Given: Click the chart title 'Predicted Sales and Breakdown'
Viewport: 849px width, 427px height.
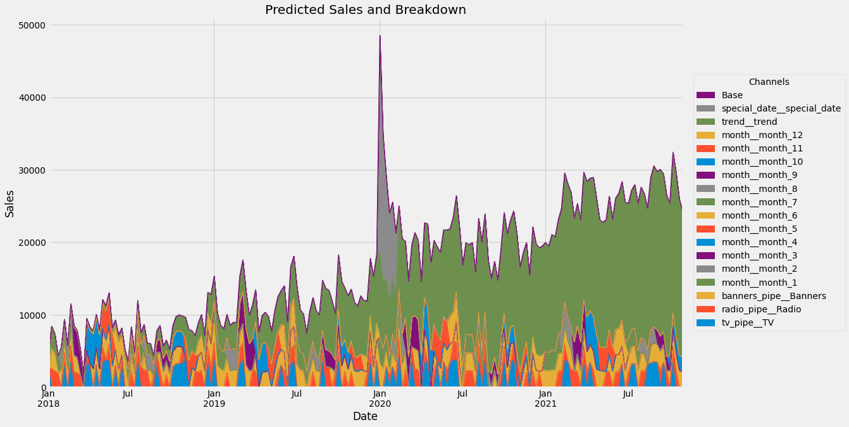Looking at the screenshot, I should (365, 10).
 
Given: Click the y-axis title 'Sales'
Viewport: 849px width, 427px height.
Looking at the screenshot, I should (10, 203).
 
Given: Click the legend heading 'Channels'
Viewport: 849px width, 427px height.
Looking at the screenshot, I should (769, 82).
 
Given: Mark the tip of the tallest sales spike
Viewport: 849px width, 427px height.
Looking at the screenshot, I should (380, 35).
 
